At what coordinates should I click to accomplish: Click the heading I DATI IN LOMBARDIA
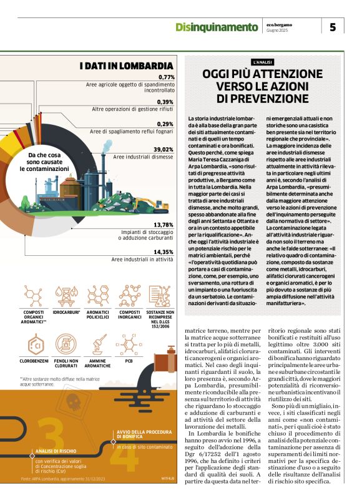click(126, 66)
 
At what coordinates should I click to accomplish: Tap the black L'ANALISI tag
click(262, 62)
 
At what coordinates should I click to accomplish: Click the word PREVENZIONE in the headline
click(262, 99)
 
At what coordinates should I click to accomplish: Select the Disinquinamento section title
click(216, 27)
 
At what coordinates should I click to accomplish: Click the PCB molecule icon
click(129, 344)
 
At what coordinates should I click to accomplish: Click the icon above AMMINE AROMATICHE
click(96, 344)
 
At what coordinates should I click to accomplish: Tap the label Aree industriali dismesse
click(144, 157)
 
